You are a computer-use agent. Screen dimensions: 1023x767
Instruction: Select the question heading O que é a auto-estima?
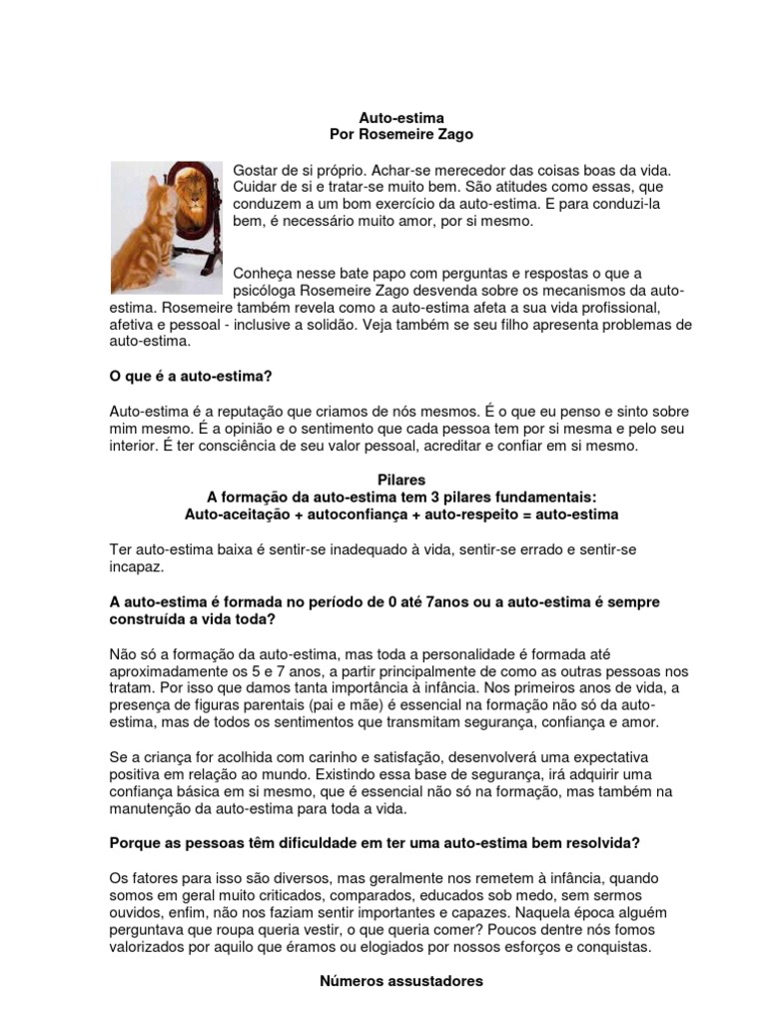(x=191, y=376)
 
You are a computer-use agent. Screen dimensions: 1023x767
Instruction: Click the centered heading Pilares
(x=401, y=481)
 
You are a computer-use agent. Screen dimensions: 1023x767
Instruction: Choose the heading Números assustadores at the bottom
(x=401, y=981)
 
